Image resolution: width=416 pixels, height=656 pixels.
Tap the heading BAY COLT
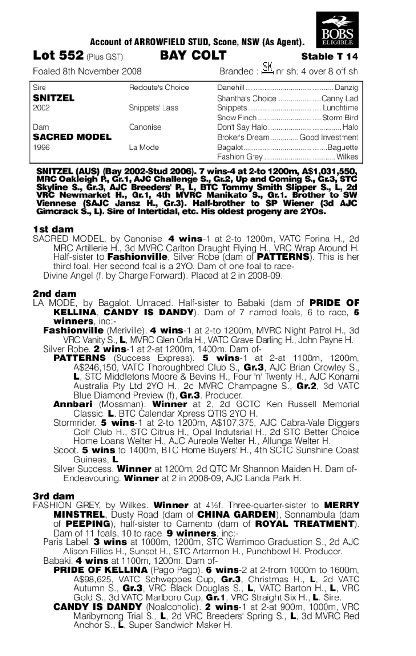point(193,55)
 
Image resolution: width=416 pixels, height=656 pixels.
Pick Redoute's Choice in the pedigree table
point(159,88)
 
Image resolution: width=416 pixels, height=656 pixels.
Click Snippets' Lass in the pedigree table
point(154,108)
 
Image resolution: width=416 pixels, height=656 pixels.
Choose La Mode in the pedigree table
point(144,147)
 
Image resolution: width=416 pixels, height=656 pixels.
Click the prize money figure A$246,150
point(95,367)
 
